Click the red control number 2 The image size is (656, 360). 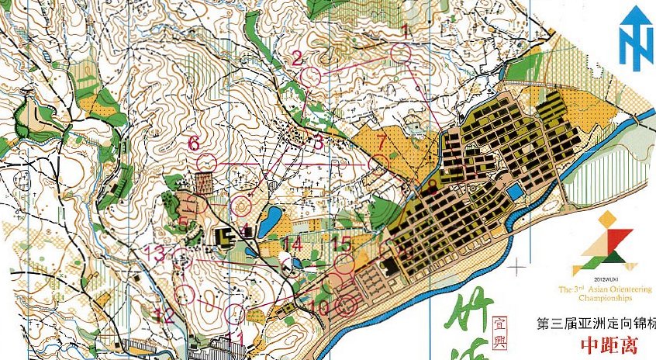coord(296,58)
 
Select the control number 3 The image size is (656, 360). coord(316,142)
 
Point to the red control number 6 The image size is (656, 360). coord(194,144)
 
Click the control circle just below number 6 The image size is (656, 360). coord(206,161)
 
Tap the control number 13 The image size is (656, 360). coord(157,251)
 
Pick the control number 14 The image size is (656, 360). coord(292,244)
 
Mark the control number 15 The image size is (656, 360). coord(341,243)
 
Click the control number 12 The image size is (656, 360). coord(164,315)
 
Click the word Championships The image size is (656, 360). coord(604,297)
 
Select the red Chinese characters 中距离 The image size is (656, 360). coord(608,344)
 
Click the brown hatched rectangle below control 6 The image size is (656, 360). coord(204,183)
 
